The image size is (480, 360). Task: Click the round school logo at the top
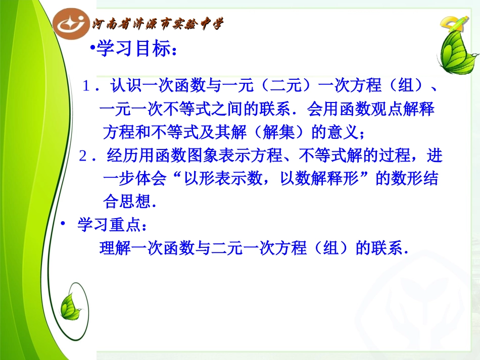point(72,23)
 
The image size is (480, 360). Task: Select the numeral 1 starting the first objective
point(87,86)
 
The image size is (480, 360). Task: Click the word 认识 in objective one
point(123,86)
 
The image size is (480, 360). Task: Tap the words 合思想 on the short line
point(126,202)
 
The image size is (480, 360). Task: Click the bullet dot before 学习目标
point(92,48)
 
